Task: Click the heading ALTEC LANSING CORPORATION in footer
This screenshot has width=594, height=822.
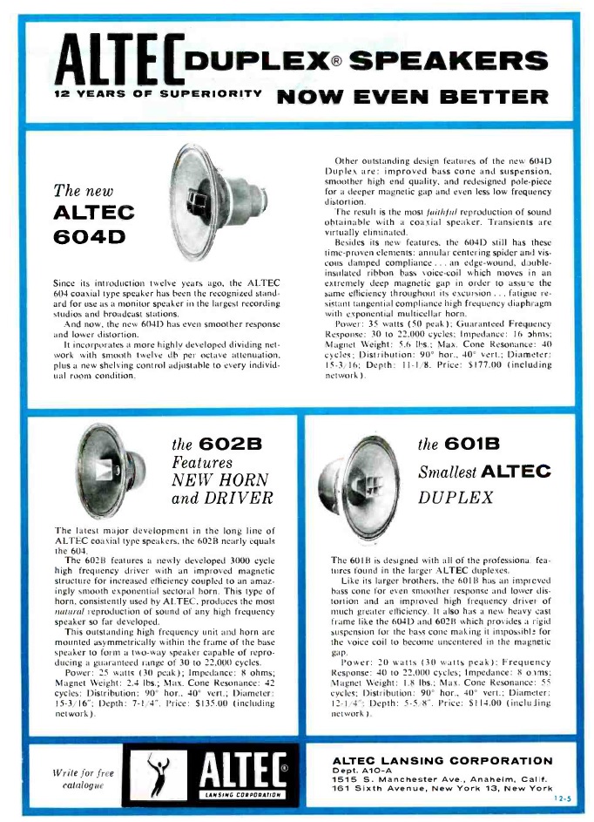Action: pyautogui.click(x=442, y=737)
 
